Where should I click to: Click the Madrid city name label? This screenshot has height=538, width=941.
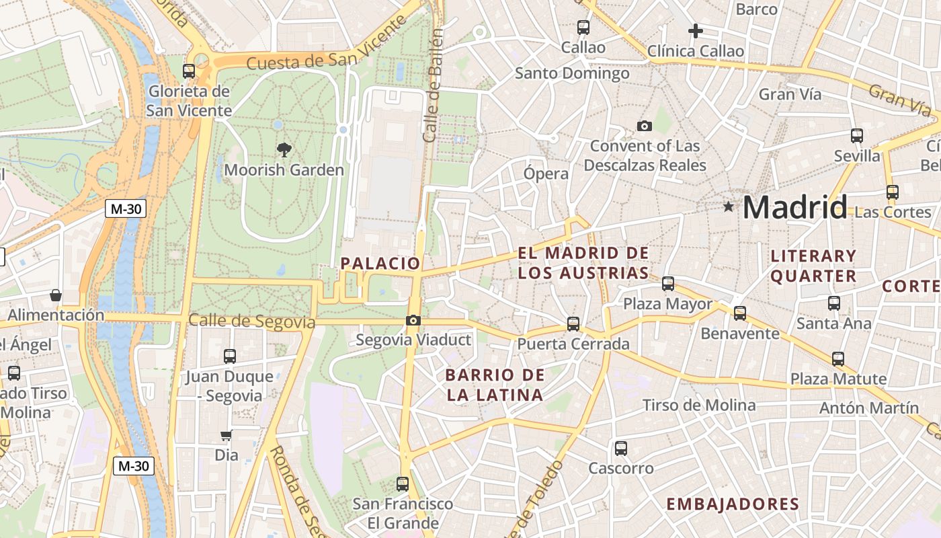(x=794, y=207)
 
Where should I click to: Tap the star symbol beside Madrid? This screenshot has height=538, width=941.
(x=728, y=206)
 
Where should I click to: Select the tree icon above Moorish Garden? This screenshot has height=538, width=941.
(x=284, y=150)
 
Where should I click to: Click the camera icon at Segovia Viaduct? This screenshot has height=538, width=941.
(x=413, y=321)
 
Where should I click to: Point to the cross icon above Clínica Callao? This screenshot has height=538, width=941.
(x=696, y=31)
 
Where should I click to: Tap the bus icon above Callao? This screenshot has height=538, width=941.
(x=583, y=28)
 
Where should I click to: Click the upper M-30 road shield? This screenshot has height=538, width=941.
(x=126, y=208)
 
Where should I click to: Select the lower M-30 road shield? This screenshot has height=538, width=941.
(x=134, y=465)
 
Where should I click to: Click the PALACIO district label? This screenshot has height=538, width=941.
(x=380, y=264)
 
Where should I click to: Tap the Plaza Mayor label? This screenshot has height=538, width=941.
(x=667, y=304)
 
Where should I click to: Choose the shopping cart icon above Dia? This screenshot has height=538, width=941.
(x=227, y=435)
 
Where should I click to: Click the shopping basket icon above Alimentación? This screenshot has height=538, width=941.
(x=56, y=295)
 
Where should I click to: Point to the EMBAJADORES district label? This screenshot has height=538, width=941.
(x=733, y=504)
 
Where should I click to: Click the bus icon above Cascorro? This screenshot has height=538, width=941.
(x=621, y=448)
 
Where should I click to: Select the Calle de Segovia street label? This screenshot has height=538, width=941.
(x=251, y=321)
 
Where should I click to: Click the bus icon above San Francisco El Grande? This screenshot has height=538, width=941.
(x=403, y=484)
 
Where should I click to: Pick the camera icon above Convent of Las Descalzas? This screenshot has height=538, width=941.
(x=645, y=126)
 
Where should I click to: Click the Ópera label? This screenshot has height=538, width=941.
(x=546, y=174)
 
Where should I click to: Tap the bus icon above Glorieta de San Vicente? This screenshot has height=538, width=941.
(x=189, y=71)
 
